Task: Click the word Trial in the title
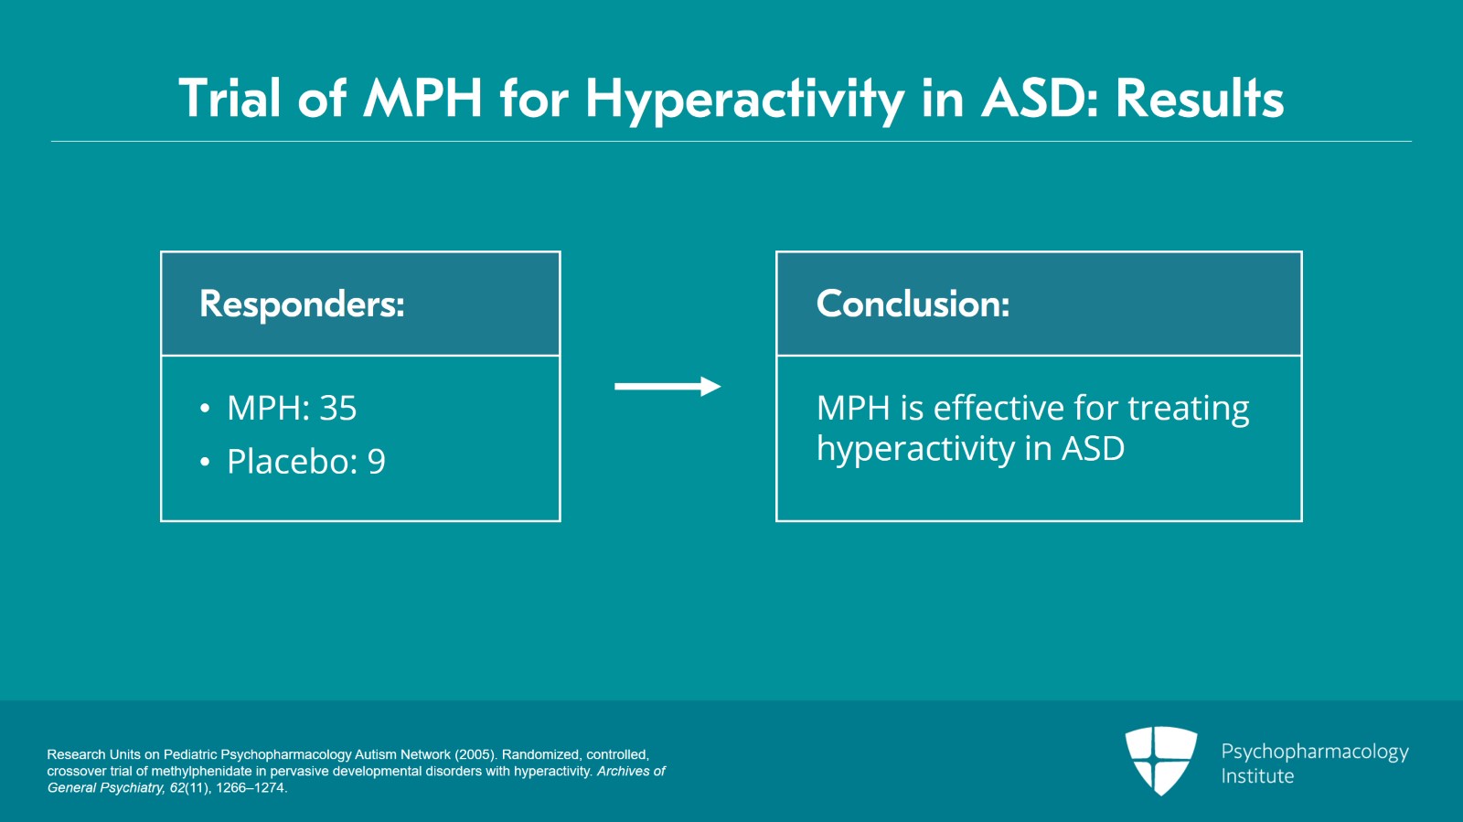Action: point(230,98)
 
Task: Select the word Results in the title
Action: point(1200,98)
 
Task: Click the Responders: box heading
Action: point(302,304)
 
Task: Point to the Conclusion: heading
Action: point(913,304)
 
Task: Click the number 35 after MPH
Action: point(338,408)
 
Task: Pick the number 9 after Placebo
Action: point(377,461)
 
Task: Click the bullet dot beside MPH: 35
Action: point(205,409)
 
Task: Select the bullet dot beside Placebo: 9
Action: point(205,463)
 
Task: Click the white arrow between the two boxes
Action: point(667,387)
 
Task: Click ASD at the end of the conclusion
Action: point(1093,449)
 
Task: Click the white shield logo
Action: point(1161,761)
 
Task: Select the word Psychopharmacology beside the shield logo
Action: point(1315,753)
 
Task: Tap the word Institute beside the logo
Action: point(1257,776)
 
